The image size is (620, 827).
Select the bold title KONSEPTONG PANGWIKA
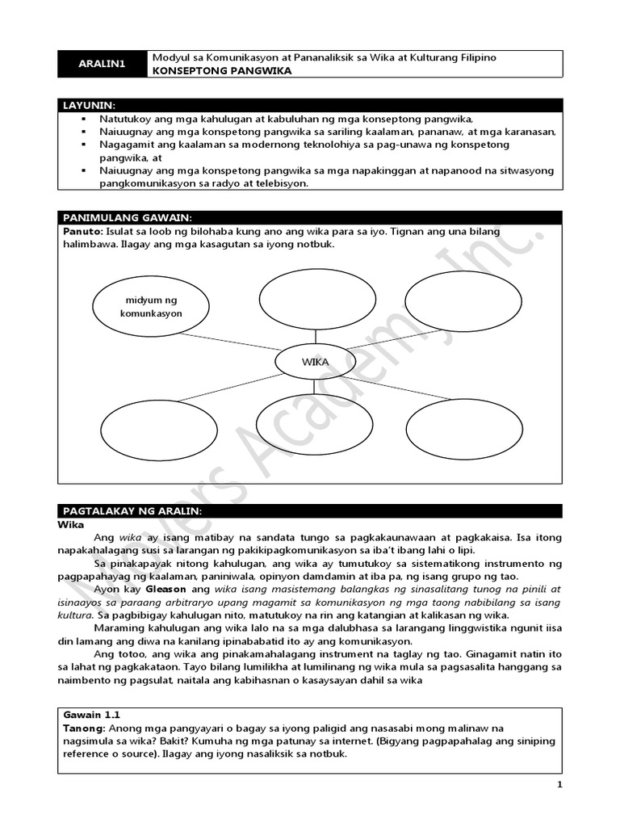point(222,70)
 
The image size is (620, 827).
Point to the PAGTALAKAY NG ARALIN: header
point(132,511)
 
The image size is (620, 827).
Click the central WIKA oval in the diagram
point(315,362)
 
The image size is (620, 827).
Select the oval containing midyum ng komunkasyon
point(151,306)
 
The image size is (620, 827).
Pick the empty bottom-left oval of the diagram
point(148,429)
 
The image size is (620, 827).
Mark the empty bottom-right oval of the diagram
point(458,428)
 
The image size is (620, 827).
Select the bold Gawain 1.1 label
point(90,716)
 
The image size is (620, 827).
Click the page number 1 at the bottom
point(559,784)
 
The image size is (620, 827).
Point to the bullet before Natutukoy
point(83,118)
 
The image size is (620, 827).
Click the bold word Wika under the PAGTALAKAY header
point(74,523)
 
